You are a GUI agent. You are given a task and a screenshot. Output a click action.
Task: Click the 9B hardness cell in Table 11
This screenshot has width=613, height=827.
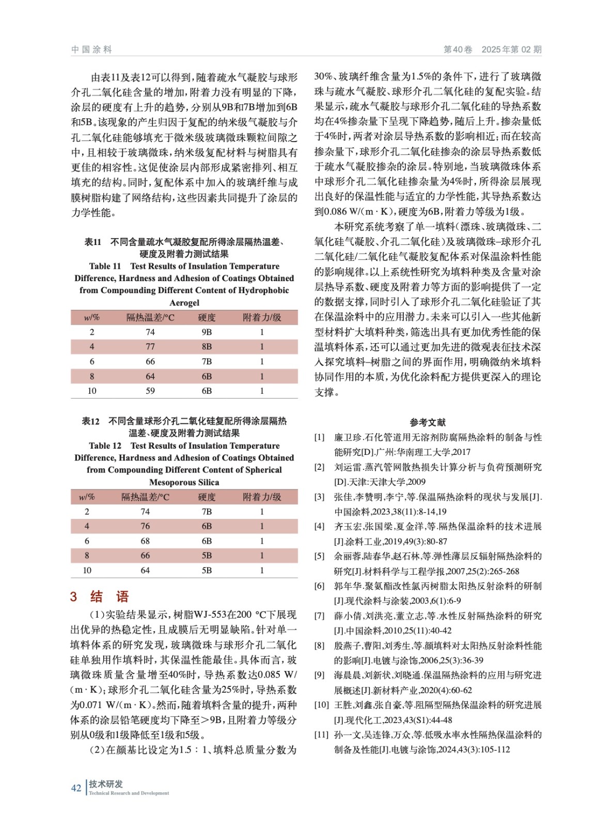coord(207,332)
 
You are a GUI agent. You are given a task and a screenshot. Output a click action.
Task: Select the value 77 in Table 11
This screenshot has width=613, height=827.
coord(150,346)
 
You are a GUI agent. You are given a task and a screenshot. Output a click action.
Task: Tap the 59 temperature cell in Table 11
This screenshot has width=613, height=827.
coord(150,391)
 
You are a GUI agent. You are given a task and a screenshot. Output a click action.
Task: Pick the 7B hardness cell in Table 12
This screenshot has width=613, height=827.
coord(207,511)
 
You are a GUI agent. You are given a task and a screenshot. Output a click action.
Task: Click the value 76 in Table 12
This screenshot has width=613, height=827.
coord(145,526)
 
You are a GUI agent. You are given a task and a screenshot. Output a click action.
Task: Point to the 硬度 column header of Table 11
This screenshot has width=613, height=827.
coord(207,317)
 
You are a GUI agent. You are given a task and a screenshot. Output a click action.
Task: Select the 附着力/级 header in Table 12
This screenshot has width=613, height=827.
coord(262,497)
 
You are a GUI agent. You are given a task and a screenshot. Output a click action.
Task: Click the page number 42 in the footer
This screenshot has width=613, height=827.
coord(76,788)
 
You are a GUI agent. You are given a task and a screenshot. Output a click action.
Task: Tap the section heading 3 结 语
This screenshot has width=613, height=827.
coord(100,596)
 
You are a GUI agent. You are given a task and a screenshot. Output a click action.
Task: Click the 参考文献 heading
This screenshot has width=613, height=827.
coord(428,422)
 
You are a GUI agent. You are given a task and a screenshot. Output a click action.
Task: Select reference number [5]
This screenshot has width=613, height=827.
coord(320,556)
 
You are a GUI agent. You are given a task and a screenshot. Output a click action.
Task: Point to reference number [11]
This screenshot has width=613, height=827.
coord(321,734)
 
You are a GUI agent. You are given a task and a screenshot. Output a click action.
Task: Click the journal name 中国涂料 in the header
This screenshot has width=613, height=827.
coord(91,50)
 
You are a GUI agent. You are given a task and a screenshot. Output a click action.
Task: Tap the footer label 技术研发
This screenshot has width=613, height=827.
coord(106,784)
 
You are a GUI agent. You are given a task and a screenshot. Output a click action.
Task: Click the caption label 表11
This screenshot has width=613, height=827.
coord(93,242)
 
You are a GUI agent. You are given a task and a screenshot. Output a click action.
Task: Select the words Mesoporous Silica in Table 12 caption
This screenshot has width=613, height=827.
coord(184,482)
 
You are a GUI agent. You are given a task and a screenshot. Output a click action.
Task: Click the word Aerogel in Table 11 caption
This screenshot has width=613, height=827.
coord(184,303)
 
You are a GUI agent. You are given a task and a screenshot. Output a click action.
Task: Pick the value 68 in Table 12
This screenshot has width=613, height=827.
coord(145,541)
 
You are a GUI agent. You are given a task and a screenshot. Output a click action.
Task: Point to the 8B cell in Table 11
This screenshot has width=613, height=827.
coord(207,346)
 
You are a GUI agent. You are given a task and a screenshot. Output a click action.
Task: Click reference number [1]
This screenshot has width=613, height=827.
coord(320,437)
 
